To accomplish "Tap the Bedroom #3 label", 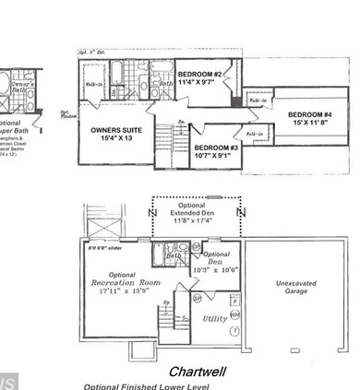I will coord(218,147).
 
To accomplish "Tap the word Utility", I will coord(215,318).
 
